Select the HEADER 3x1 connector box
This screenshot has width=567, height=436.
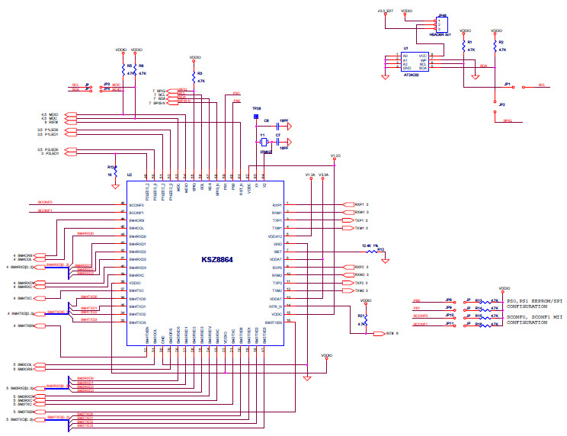[x=442, y=24]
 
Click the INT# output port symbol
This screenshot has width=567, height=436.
[x=378, y=333]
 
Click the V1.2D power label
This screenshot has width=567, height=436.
[x=335, y=155]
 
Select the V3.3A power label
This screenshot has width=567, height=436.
[x=323, y=175]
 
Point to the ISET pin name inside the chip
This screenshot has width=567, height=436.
[x=277, y=252]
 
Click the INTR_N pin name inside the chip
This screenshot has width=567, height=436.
[x=275, y=306]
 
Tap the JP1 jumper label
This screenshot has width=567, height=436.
[x=508, y=85]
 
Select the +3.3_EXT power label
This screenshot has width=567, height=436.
[x=386, y=11]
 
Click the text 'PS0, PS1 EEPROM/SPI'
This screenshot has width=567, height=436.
[x=530, y=302]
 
